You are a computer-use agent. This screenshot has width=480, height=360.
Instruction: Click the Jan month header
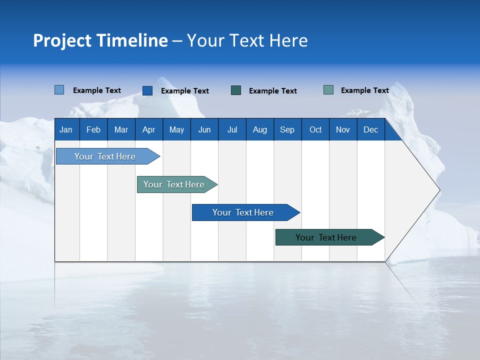click(x=66, y=129)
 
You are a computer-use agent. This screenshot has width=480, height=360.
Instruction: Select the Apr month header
click(x=148, y=129)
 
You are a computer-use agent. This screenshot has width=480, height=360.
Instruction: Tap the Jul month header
click(x=232, y=129)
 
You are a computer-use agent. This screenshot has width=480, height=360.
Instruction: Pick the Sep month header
click(x=287, y=129)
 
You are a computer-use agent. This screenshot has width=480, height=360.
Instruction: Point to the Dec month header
click(x=370, y=129)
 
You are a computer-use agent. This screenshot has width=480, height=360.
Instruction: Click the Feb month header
click(x=93, y=129)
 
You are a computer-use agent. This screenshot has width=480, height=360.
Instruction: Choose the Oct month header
click(x=315, y=129)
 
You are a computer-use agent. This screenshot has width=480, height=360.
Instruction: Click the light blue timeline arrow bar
click(x=105, y=156)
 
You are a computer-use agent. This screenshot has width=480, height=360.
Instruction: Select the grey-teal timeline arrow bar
click(x=174, y=184)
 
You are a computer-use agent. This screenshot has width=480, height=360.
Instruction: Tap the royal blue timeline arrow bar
click(x=243, y=212)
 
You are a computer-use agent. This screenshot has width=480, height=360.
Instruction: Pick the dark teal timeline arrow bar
click(x=326, y=237)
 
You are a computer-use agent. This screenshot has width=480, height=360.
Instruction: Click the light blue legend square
click(x=59, y=90)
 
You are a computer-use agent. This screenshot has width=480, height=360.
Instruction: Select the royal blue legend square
click(x=147, y=90)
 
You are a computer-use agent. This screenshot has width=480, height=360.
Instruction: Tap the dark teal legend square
click(x=236, y=90)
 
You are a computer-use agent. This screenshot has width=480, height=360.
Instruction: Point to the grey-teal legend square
click(x=328, y=90)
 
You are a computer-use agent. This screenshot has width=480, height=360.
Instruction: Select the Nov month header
click(x=343, y=129)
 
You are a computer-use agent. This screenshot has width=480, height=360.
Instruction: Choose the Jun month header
click(x=204, y=129)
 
